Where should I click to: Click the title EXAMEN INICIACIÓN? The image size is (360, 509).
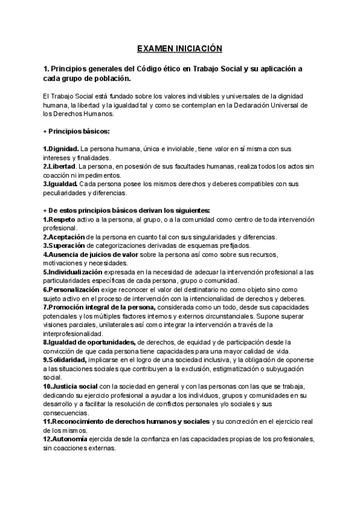[179, 48]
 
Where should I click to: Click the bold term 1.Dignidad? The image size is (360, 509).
[61, 148]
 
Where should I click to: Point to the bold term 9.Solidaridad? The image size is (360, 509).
[65, 360]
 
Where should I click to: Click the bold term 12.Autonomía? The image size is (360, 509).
[65, 439]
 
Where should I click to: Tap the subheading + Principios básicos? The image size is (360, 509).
[76, 131]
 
